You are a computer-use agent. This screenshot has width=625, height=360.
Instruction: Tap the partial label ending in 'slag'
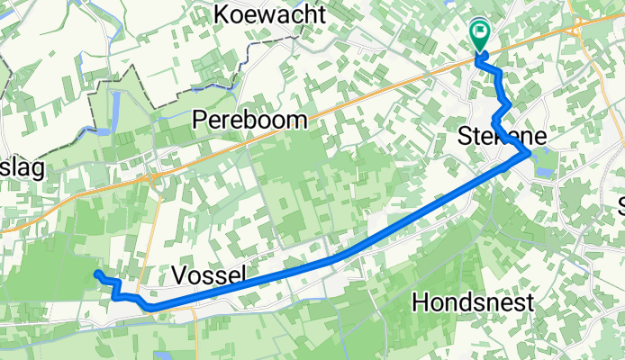[x=23, y=168]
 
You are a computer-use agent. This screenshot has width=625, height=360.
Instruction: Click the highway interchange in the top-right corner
[x=576, y=27]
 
